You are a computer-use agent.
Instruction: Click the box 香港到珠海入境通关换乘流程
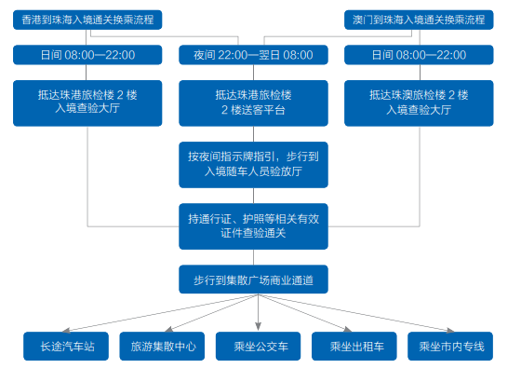click(88, 20)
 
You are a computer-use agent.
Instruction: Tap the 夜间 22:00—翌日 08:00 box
click(253, 55)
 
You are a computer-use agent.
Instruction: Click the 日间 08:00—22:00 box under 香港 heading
click(88, 55)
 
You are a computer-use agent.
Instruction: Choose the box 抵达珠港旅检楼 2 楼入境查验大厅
click(88, 102)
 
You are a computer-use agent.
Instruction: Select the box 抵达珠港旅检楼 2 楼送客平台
click(253, 102)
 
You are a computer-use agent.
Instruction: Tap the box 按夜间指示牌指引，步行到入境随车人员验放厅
click(253, 163)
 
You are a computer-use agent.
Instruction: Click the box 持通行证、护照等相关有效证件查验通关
click(253, 225)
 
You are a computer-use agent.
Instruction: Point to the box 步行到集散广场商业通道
click(253, 280)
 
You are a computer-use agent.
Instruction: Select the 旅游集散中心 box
click(164, 347)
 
